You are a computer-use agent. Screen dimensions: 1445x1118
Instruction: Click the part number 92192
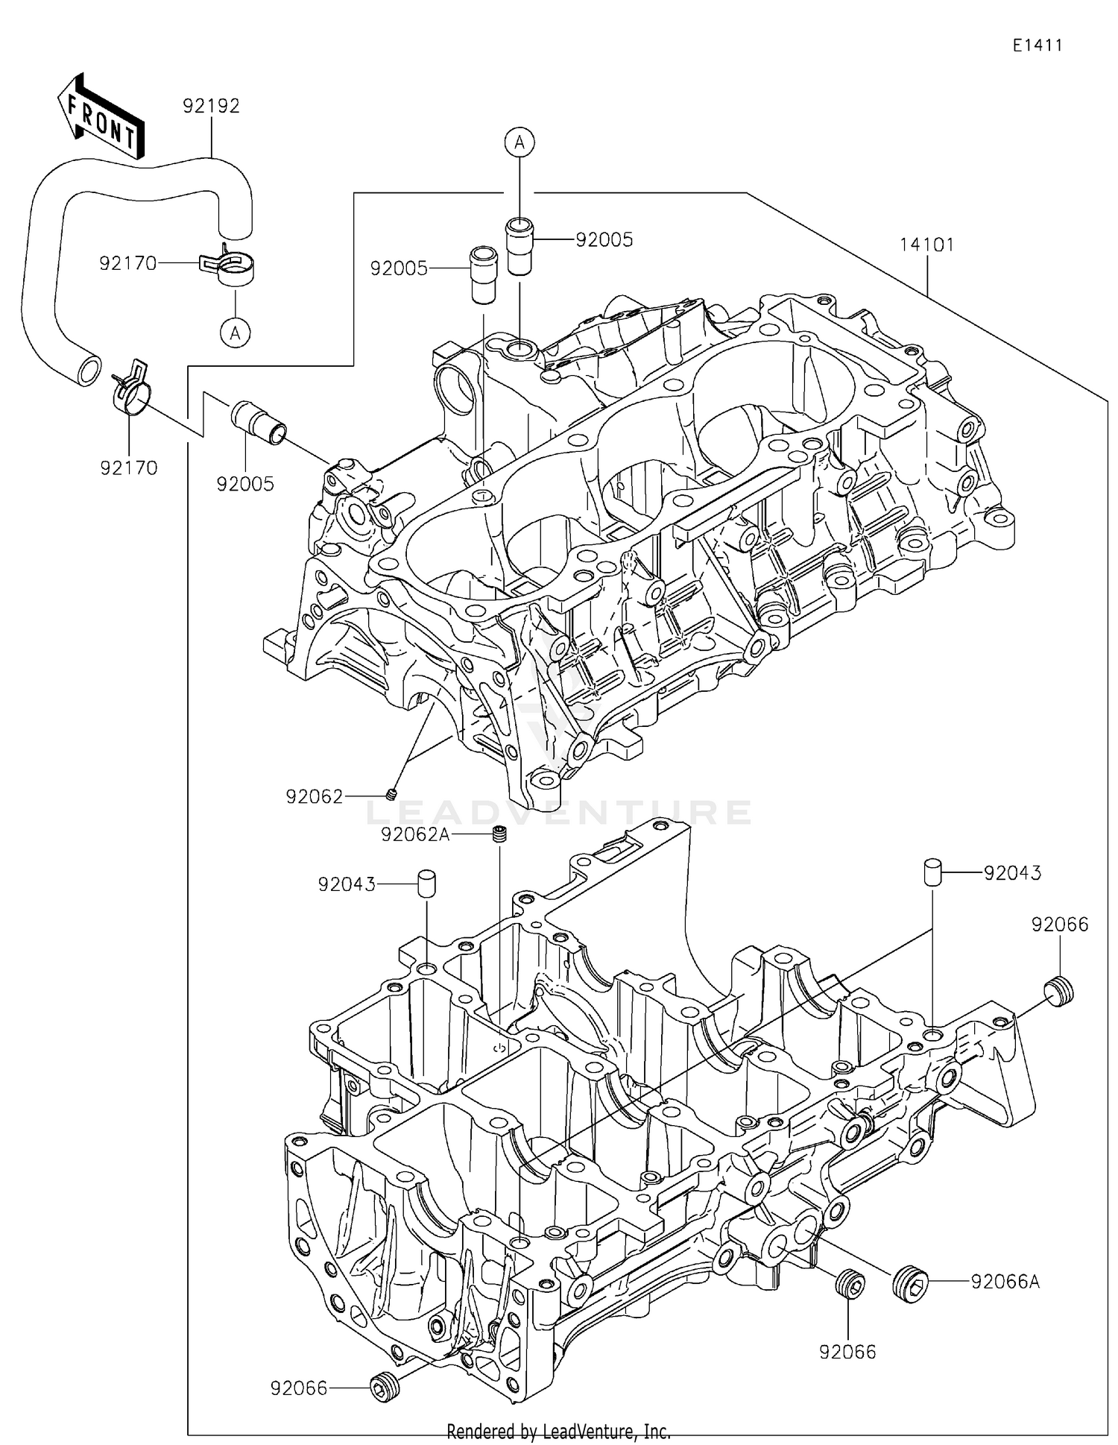[211, 107]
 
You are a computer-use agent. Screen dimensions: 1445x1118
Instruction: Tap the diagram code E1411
[1037, 45]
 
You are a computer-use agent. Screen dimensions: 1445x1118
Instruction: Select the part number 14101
[927, 245]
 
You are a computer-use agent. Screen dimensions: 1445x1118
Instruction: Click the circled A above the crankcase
[520, 142]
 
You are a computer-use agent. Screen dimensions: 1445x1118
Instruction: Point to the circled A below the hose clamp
[236, 334]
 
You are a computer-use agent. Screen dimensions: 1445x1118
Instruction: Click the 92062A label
[415, 834]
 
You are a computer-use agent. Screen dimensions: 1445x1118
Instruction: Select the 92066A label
[1005, 1282]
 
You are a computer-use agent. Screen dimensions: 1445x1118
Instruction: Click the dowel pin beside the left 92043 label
[426, 884]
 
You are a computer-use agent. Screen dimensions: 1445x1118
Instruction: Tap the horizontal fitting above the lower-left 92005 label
[257, 423]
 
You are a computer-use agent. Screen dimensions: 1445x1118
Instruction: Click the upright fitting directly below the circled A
[519, 245]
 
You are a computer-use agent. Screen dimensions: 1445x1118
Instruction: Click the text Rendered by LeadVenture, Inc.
[559, 1432]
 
